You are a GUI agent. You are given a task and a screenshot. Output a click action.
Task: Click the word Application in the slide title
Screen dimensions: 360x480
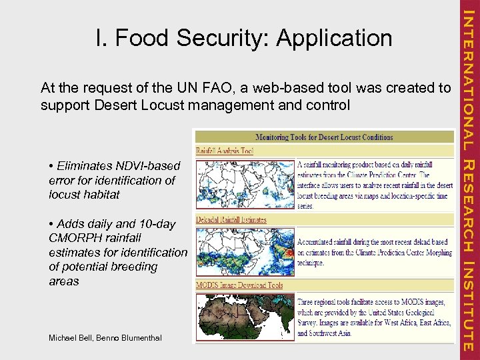[335, 38]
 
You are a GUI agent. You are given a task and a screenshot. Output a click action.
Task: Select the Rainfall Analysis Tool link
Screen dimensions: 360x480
[225, 151]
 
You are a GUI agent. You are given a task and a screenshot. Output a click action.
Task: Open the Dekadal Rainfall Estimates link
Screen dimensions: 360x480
[231, 219]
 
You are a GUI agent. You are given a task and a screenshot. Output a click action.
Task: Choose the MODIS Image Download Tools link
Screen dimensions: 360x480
[239, 285]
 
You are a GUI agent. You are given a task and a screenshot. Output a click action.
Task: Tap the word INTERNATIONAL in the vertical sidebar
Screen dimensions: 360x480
[468, 80]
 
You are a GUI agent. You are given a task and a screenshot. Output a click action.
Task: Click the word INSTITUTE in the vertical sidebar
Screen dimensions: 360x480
[468, 306]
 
